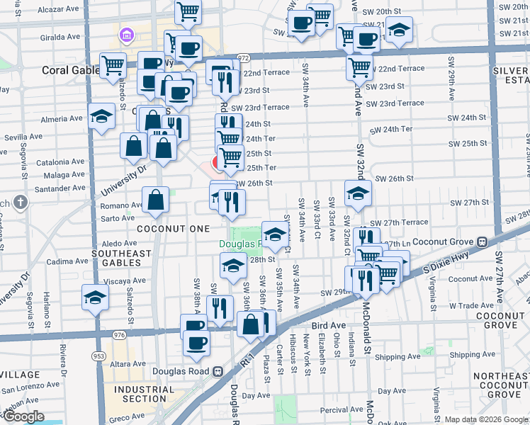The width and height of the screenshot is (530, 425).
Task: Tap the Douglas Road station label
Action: [x=187, y=370]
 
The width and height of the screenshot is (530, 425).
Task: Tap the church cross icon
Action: [x=21, y=203]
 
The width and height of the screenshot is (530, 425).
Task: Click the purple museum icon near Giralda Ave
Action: [x=127, y=34]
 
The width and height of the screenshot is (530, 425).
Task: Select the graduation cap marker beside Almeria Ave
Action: [x=102, y=117]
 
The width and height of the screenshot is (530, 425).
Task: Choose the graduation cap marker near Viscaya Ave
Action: [x=94, y=298]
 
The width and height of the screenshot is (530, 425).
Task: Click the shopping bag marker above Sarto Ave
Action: [x=156, y=200]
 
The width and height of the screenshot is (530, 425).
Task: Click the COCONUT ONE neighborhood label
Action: [x=174, y=229]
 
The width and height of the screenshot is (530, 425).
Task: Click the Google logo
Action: [x=24, y=416]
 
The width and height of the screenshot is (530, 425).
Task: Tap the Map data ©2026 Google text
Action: [x=485, y=419]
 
